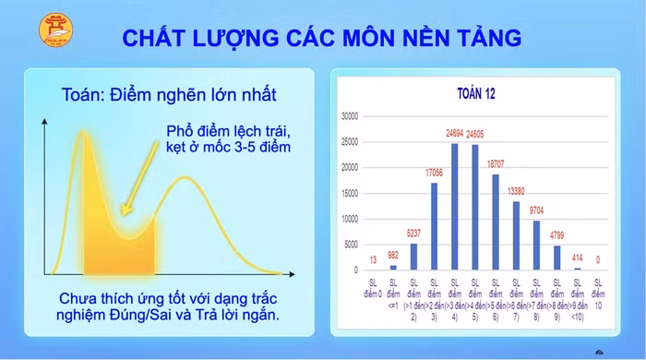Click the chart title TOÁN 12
(476, 94)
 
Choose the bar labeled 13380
(516, 235)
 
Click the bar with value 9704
(536, 245)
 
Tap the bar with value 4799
(556, 258)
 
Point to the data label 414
(578, 258)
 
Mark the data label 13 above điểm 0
(372, 260)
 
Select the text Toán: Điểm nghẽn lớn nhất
(168, 94)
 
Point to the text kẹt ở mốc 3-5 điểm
(228, 148)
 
